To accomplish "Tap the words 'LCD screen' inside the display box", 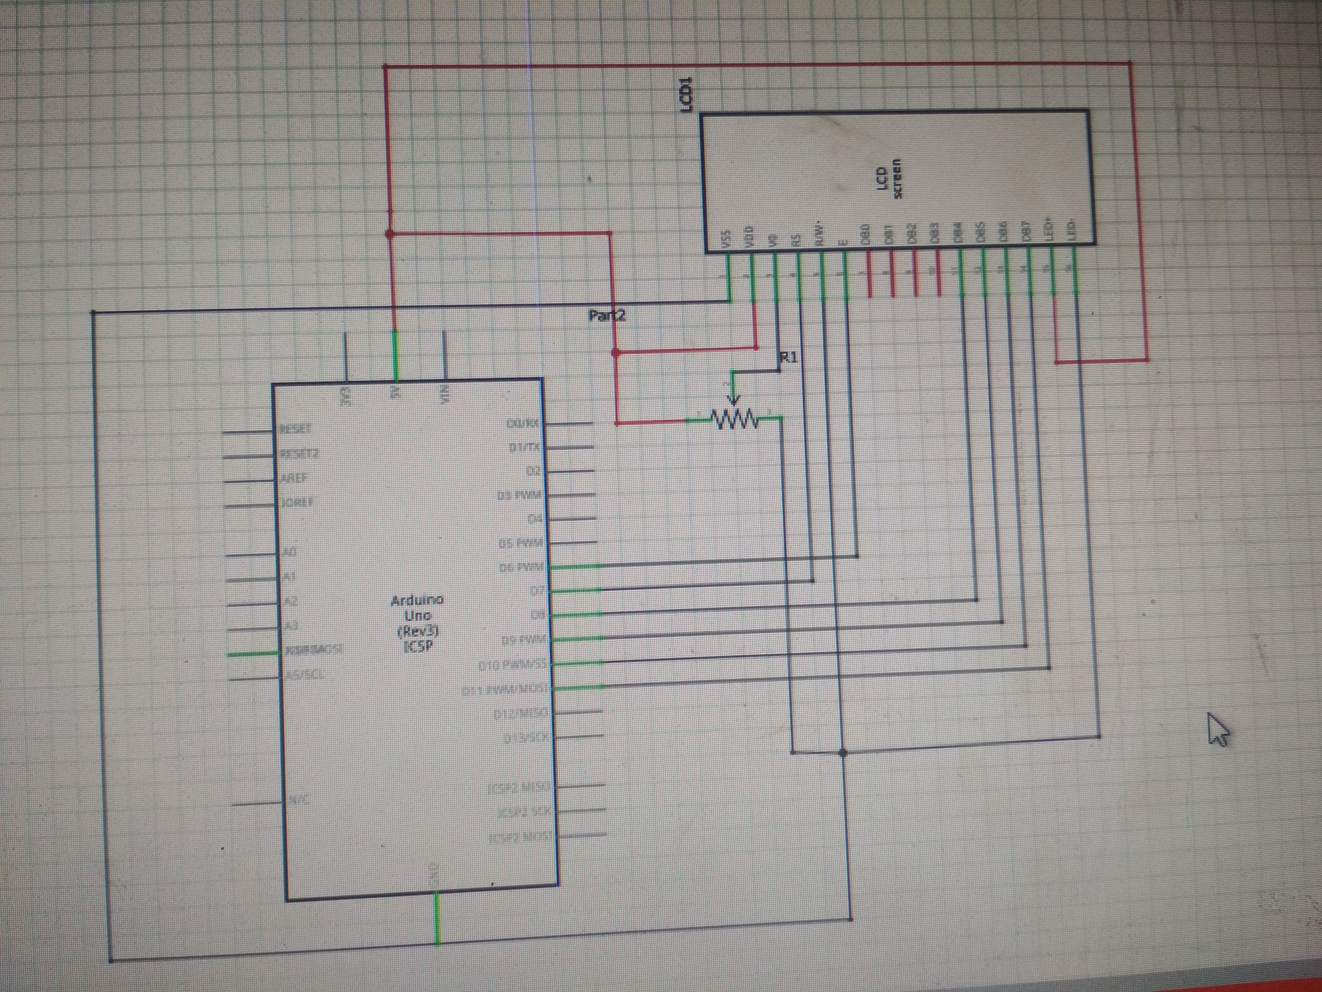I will pyautogui.click(x=888, y=178).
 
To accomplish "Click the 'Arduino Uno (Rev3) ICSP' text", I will pyautogui.click(x=416, y=622).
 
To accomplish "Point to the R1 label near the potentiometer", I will pyautogui.click(x=789, y=357).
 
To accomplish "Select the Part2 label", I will pyautogui.click(x=606, y=315).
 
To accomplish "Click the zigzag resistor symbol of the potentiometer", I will pyautogui.click(x=734, y=419).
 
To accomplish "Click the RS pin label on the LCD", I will pyautogui.click(x=795, y=240).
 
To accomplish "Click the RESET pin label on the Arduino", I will pyautogui.click(x=295, y=429).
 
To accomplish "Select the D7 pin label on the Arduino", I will pyautogui.click(x=535, y=591).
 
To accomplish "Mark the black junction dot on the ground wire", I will pyautogui.click(x=843, y=752).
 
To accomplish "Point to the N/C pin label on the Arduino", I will pyautogui.click(x=298, y=800).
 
